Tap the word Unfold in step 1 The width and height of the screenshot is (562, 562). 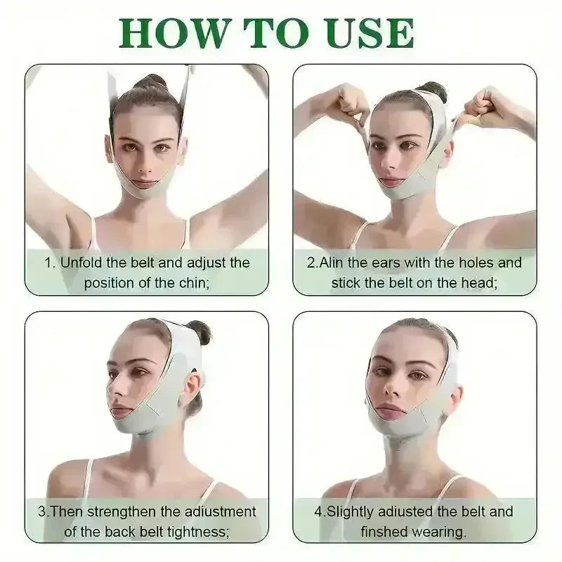coord(81,262)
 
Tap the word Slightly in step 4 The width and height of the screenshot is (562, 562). coord(350,511)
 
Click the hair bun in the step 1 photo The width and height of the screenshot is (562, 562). coord(150,81)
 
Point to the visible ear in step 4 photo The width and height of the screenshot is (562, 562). coord(455,398)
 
